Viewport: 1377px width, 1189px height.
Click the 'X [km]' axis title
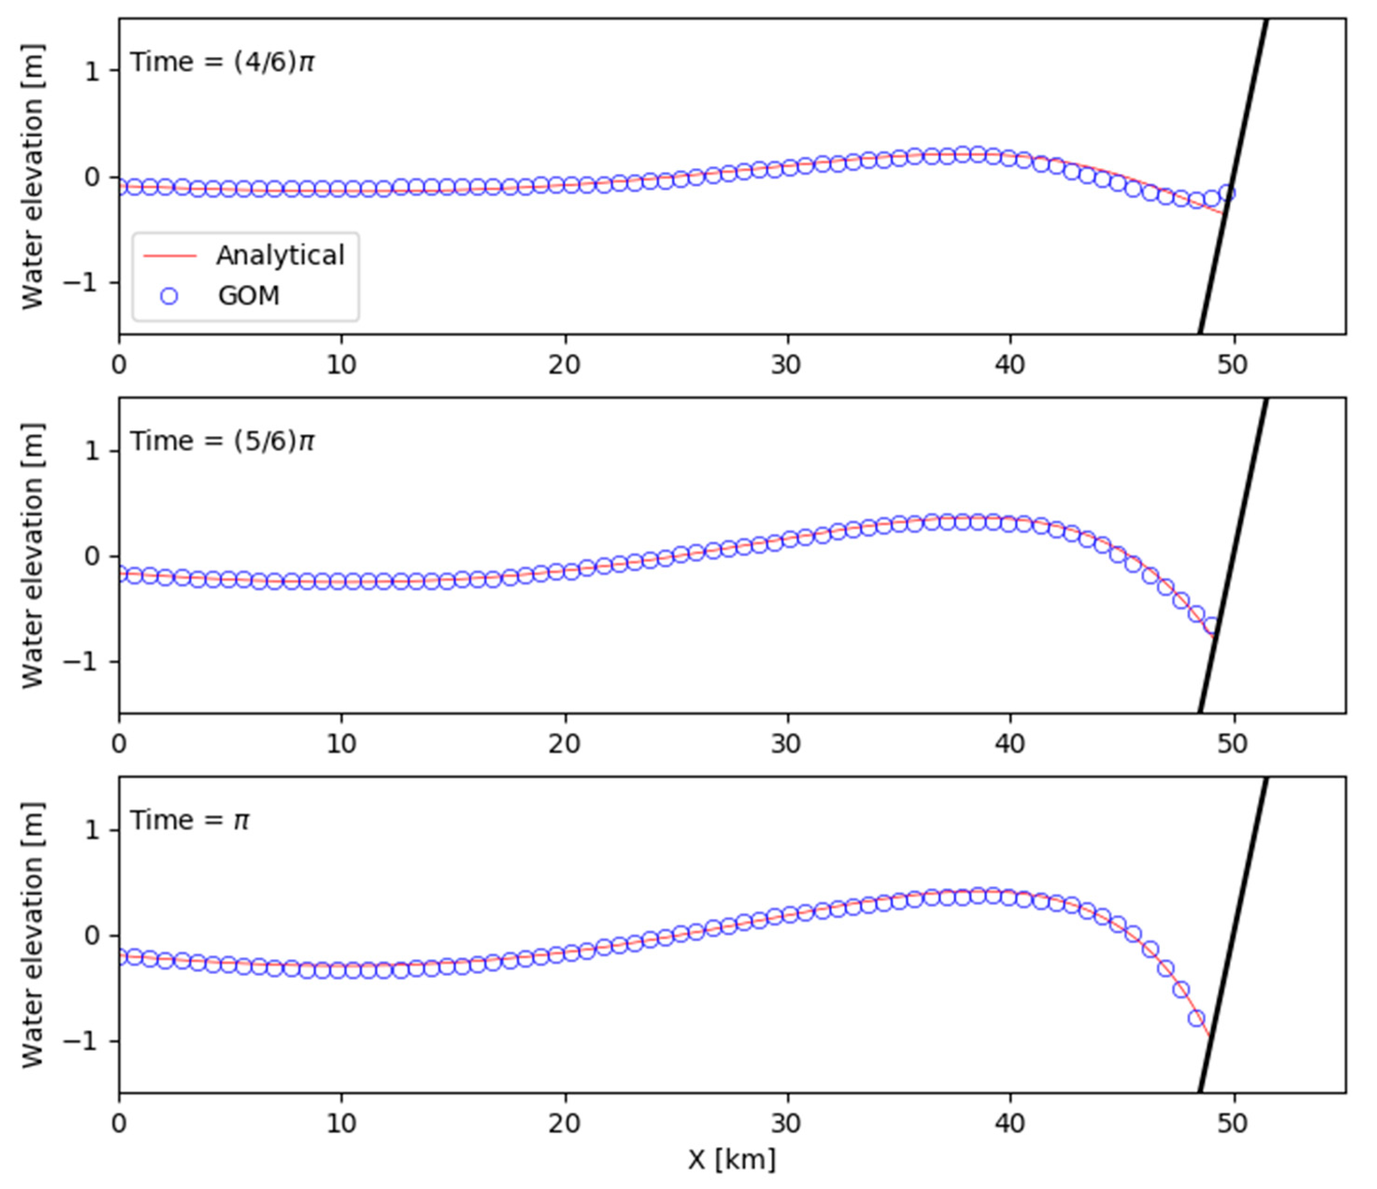pyautogui.click(x=731, y=1159)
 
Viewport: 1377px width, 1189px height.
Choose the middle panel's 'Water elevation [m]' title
pyautogui.click(x=32, y=556)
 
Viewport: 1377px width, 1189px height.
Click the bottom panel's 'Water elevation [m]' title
pyautogui.click(x=32, y=935)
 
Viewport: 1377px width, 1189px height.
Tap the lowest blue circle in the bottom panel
pyautogui.click(x=1196, y=1018)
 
